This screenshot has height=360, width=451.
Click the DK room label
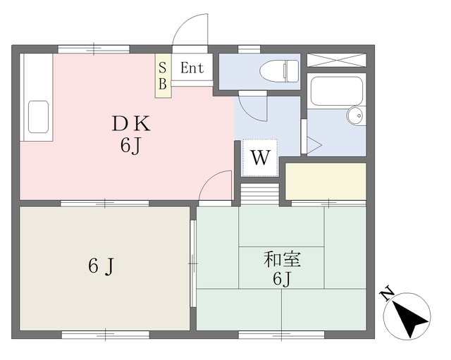pyautogui.click(x=131, y=123)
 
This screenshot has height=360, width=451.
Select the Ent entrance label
pyautogui.click(x=192, y=68)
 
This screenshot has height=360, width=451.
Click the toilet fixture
pyautogui.click(x=278, y=71)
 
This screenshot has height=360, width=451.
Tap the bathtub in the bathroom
pyautogui.click(x=336, y=90)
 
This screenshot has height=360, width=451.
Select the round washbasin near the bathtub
pyautogui.click(x=357, y=116)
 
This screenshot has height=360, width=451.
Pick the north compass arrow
pyautogui.click(x=410, y=318)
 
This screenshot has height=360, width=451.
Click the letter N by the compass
pyautogui.click(x=386, y=294)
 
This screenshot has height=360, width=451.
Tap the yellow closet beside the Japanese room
pyautogui.click(x=326, y=181)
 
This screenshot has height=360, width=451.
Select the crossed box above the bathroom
pyautogui.click(x=337, y=60)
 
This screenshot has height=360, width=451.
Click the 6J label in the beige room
pyautogui.click(x=101, y=266)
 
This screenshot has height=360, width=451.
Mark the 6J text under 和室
pyautogui.click(x=282, y=279)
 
